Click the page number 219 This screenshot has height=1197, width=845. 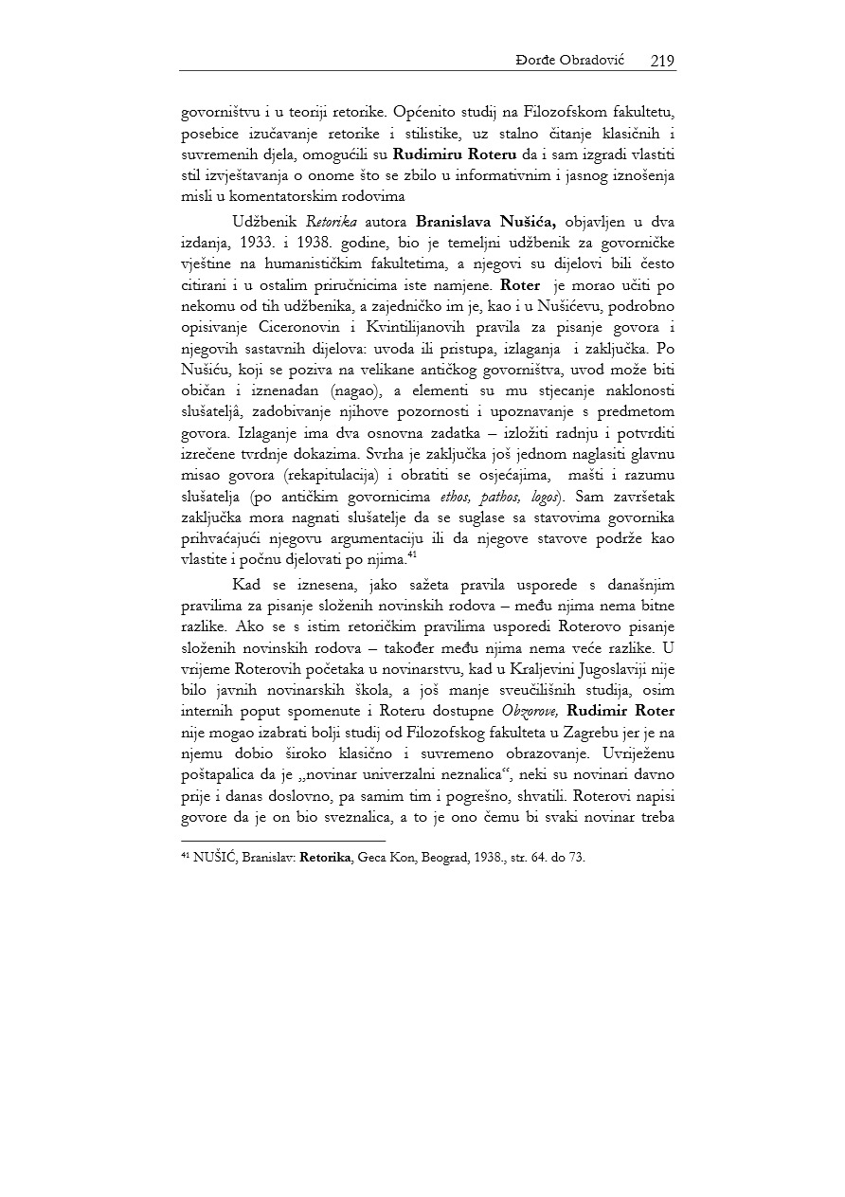click(x=662, y=61)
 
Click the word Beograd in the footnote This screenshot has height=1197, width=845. click(x=439, y=857)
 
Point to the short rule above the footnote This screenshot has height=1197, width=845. click(x=283, y=840)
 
